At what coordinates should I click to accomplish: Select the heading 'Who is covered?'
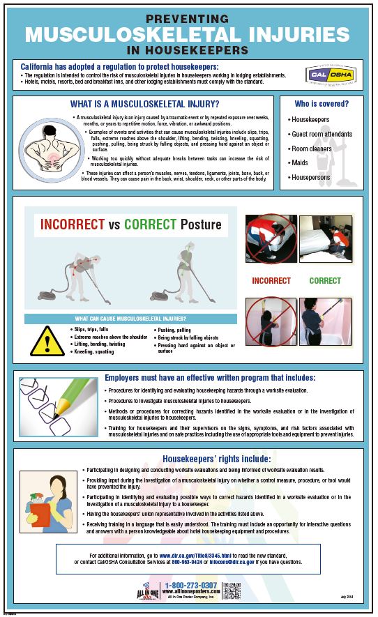(x=322, y=104)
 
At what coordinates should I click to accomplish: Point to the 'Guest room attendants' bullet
(x=322, y=134)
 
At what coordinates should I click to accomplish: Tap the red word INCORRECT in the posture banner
(x=72, y=225)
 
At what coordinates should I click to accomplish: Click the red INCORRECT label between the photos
(x=271, y=281)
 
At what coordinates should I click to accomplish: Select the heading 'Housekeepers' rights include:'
(x=216, y=459)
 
